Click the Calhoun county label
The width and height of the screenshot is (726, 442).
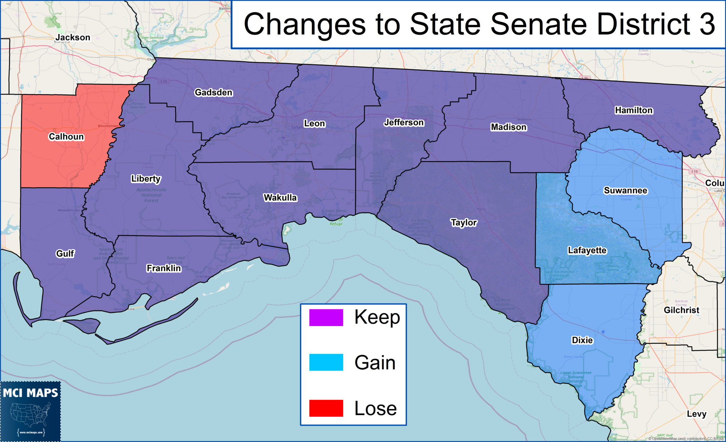66,137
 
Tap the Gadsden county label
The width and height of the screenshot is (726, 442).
213,93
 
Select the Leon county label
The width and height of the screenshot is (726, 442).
314,124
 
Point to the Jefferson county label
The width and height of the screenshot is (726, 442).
404,123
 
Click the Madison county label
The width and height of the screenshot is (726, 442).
509,127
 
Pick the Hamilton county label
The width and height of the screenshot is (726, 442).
633,111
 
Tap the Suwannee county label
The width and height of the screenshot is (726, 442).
625,191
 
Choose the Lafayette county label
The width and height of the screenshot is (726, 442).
587,251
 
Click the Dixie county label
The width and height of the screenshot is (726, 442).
582,340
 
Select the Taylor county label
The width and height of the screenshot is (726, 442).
464,223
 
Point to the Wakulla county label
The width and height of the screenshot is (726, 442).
280,198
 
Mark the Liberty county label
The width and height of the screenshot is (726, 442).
146,179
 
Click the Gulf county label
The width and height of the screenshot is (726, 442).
65,254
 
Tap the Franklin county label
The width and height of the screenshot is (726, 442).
164,268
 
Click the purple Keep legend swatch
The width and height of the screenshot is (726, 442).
326,318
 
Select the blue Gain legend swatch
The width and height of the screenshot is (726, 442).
326,362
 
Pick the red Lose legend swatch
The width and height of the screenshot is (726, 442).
326,408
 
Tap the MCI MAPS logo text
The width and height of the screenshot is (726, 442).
30,393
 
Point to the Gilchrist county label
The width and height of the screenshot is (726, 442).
681,310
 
